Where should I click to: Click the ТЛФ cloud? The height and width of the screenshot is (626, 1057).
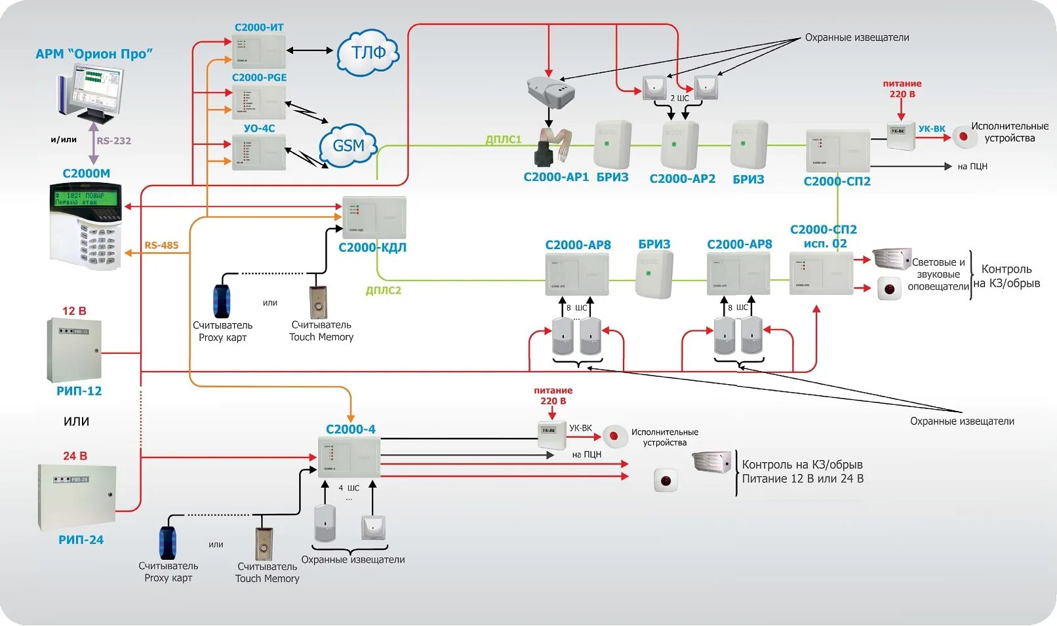(x=368, y=52)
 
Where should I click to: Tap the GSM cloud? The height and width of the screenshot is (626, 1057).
(x=348, y=146)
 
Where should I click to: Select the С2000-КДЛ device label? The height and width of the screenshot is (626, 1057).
(x=372, y=247)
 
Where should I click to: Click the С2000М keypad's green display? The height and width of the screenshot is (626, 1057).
(x=86, y=198)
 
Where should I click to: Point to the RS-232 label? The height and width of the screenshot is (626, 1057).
(x=113, y=140)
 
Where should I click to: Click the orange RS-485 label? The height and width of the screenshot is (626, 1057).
(x=161, y=245)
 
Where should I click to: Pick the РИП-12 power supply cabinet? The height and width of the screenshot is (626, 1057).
(x=73, y=350)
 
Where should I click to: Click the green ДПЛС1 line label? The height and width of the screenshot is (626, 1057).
(x=503, y=140)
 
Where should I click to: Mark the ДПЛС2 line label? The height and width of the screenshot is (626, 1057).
(x=383, y=290)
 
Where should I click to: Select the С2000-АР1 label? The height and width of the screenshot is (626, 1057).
(x=556, y=177)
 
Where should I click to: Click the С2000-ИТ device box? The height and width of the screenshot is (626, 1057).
(x=259, y=51)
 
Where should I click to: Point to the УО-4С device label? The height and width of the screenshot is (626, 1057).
(x=259, y=128)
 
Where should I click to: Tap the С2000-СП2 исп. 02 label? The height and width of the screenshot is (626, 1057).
(x=824, y=236)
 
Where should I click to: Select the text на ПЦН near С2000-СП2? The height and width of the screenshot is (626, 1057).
(x=972, y=166)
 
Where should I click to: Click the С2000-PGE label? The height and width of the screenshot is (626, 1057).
(x=259, y=77)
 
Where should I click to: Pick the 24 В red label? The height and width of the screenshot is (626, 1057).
(x=75, y=456)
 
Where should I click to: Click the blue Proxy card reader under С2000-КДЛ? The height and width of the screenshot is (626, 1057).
(x=222, y=301)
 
